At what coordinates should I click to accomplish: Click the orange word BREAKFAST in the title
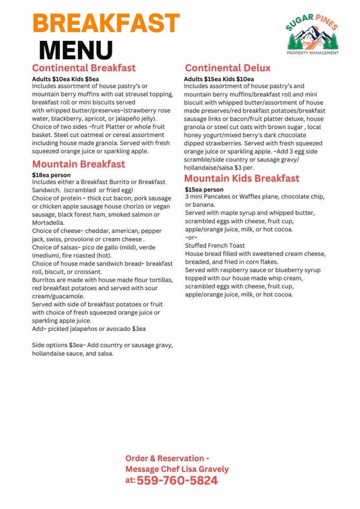click(106, 23)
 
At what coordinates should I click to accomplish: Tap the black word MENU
click(76, 50)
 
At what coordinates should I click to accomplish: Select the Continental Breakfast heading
click(84, 68)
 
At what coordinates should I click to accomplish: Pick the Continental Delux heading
click(228, 68)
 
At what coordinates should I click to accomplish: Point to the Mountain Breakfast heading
click(78, 164)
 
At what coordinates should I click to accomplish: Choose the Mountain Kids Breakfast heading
click(242, 178)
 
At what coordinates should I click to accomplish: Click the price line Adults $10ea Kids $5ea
click(65, 79)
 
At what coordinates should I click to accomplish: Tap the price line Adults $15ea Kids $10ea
click(219, 79)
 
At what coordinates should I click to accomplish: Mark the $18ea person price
click(51, 175)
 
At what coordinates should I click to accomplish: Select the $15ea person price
click(204, 190)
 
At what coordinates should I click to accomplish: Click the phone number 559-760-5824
click(177, 480)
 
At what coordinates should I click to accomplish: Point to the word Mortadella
click(48, 223)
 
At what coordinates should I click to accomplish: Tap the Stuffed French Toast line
click(215, 246)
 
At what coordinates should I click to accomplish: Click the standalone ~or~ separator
click(191, 237)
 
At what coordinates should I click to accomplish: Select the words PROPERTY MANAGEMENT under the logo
click(312, 53)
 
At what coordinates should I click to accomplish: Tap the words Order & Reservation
click(165, 458)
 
